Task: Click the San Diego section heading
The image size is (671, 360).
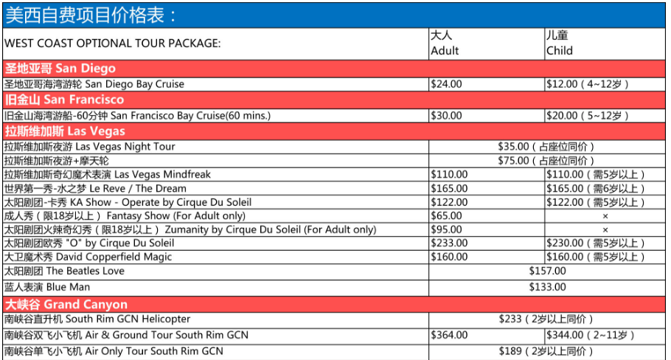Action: click(x=60, y=69)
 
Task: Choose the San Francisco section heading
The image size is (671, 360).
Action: click(x=65, y=100)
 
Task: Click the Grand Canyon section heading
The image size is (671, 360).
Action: click(x=66, y=304)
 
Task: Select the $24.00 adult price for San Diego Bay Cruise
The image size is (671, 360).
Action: click(x=447, y=84)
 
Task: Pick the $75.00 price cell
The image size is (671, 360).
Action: click(x=546, y=161)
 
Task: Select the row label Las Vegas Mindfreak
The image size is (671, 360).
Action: click(x=108, y=175)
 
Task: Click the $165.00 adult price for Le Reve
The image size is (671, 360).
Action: click(x=449, y=189)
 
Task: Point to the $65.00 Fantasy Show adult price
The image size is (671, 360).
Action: click(x=447, y=216)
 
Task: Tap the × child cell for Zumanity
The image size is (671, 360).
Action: click(x=605, y=230)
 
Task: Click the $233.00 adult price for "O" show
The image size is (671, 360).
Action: click(x=449, y=243)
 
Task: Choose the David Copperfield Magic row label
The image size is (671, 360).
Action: click(x=88, y=257)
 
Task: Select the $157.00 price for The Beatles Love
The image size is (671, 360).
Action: click(x=547, y=271)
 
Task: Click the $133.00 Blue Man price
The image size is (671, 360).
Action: click(x=547, y=287)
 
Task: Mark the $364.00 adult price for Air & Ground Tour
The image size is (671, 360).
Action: click(x=449, y=336)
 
